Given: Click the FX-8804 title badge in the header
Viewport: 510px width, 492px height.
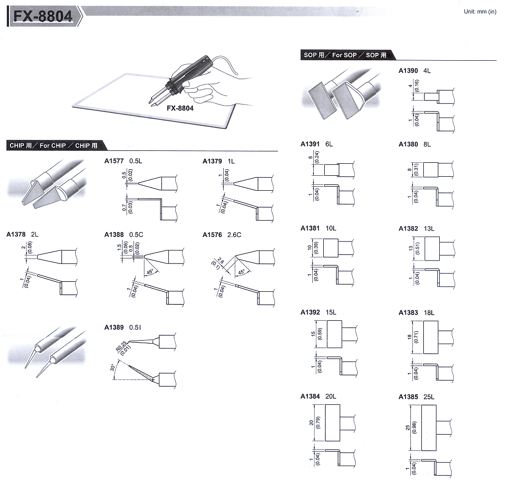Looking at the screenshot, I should [43, 16].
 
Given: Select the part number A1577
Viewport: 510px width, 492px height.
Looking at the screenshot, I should [114, 161].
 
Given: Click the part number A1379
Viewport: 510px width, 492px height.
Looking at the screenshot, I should [212, 161].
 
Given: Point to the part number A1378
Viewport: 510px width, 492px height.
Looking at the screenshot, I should [16, 234].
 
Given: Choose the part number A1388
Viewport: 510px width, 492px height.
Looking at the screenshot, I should [114, 235].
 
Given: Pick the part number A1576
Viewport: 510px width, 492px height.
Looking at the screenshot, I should [212, 235].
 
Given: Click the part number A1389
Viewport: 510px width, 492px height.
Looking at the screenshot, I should [114, 327].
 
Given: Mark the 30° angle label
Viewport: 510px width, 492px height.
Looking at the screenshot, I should [113, 368].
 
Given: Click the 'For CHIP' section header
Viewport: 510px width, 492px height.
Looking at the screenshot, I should [52, 146].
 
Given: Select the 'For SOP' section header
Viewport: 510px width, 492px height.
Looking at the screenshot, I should [345, 55].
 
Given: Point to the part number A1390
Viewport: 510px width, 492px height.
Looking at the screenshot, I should [408, 71].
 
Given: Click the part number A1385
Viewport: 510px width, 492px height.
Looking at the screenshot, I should [408, 397].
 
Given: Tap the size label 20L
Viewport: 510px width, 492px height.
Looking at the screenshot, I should [331, 397].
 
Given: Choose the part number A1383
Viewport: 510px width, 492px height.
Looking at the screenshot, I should [408, 313].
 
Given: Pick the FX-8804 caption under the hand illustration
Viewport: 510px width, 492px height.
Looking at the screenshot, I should [180, 108].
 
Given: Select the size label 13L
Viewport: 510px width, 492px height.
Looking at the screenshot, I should [429, 229].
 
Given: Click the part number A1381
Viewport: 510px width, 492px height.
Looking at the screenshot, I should [310, 229].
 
